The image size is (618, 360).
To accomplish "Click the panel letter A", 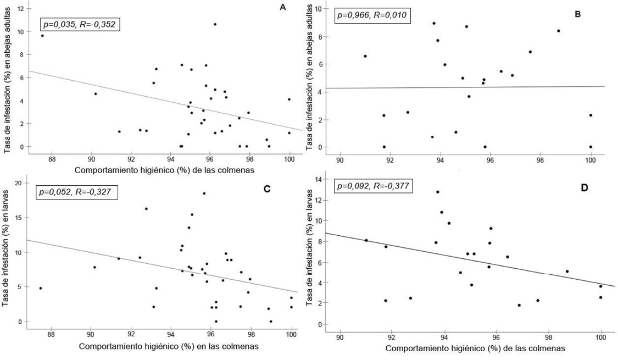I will (283, 7).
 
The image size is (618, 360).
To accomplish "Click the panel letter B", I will (577, 13).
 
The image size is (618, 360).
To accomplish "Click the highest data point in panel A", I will (215, 24).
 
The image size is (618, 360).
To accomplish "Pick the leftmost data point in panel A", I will (42, 36).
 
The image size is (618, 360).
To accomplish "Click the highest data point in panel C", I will (204, 193).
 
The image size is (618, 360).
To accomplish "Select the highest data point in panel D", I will (438, 192).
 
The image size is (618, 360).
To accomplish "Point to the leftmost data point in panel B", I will (365, 56).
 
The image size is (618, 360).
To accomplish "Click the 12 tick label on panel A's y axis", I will (20, 9).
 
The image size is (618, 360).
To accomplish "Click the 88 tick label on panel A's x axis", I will (52, 160).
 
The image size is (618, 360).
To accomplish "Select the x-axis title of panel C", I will (169, 347).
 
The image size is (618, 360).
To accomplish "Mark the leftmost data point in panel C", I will (40, 288).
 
